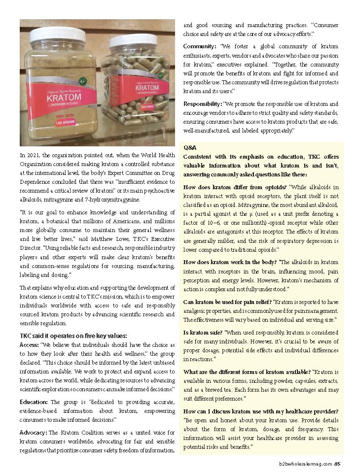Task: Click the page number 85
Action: click(337, 463)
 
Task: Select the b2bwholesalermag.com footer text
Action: click(305, 463)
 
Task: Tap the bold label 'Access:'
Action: click(29, 344)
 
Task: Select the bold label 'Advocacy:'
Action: click(34, 433)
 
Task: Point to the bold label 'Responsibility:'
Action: click(203, 104)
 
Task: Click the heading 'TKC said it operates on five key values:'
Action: click(73, 336)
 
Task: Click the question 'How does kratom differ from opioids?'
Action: click(235, 187)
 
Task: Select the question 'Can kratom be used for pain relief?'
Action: click(227, 302)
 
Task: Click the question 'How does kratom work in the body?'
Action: click(230, 263)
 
